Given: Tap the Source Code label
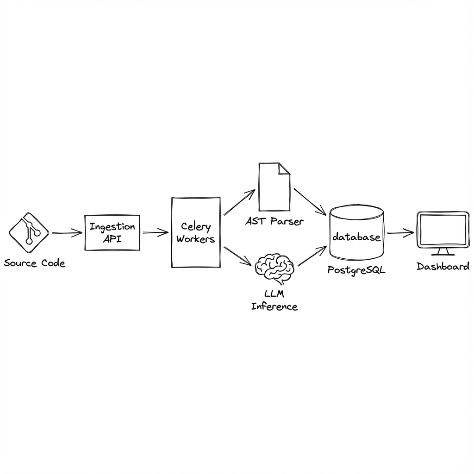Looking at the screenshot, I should click(35, 263).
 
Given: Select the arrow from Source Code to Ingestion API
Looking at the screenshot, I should click(67, 233).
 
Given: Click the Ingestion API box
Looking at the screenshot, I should click(112, 233).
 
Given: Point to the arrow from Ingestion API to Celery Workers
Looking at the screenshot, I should click(155, 233).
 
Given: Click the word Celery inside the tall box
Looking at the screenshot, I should click(195, 227).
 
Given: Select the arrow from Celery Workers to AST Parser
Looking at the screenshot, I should click(239, 203).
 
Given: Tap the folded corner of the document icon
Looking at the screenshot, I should click(284, 169).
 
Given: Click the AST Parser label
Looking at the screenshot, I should click(274, 221).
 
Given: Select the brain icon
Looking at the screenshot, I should click(274, 268).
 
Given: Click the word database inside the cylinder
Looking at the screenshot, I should click(356, 237).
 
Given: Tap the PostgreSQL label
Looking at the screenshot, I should click(356, 270).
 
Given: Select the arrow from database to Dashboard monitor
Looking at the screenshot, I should click(400, 233).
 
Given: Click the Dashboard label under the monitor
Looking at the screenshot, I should click(443, 266).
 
